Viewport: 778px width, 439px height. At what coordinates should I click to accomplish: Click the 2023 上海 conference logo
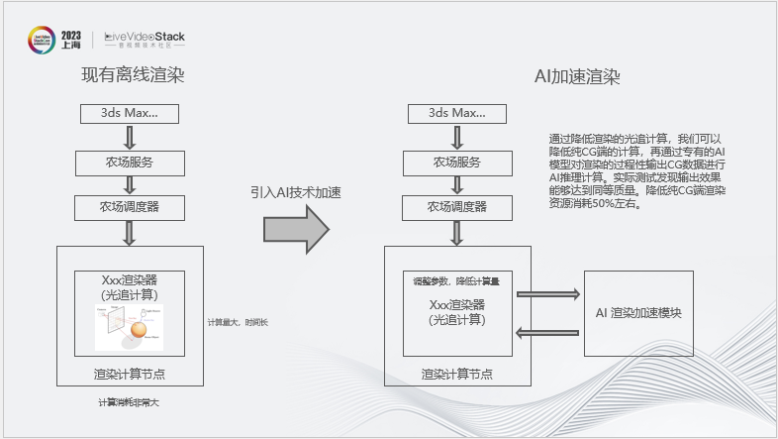pyautogui.click(x=55, y=40)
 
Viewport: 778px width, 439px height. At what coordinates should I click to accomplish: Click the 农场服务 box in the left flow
pyautogui.click(x=130, y=161)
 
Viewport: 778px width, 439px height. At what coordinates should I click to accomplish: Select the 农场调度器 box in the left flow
pyautogui.click(x=130, y=207)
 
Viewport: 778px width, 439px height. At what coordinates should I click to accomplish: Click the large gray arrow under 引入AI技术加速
pyautogui.click(x=295, y=230)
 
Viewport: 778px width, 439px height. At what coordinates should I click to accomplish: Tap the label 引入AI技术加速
pyautogui.click(x=295, y=193)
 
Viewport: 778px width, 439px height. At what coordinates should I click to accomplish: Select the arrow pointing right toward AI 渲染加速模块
pyautogui.click(x=548, y=294)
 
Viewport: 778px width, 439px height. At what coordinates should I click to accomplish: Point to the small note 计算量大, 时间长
pyautogui.click(x=238, y=323)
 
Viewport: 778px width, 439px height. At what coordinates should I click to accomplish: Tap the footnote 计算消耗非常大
pyautogui.click(x=128, y=402)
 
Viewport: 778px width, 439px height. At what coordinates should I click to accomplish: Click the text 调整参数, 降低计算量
pyautogui.click(x=456, y=281)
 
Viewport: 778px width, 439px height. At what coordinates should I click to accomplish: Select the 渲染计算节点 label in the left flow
pyautogui.click(x=130, y=374)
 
